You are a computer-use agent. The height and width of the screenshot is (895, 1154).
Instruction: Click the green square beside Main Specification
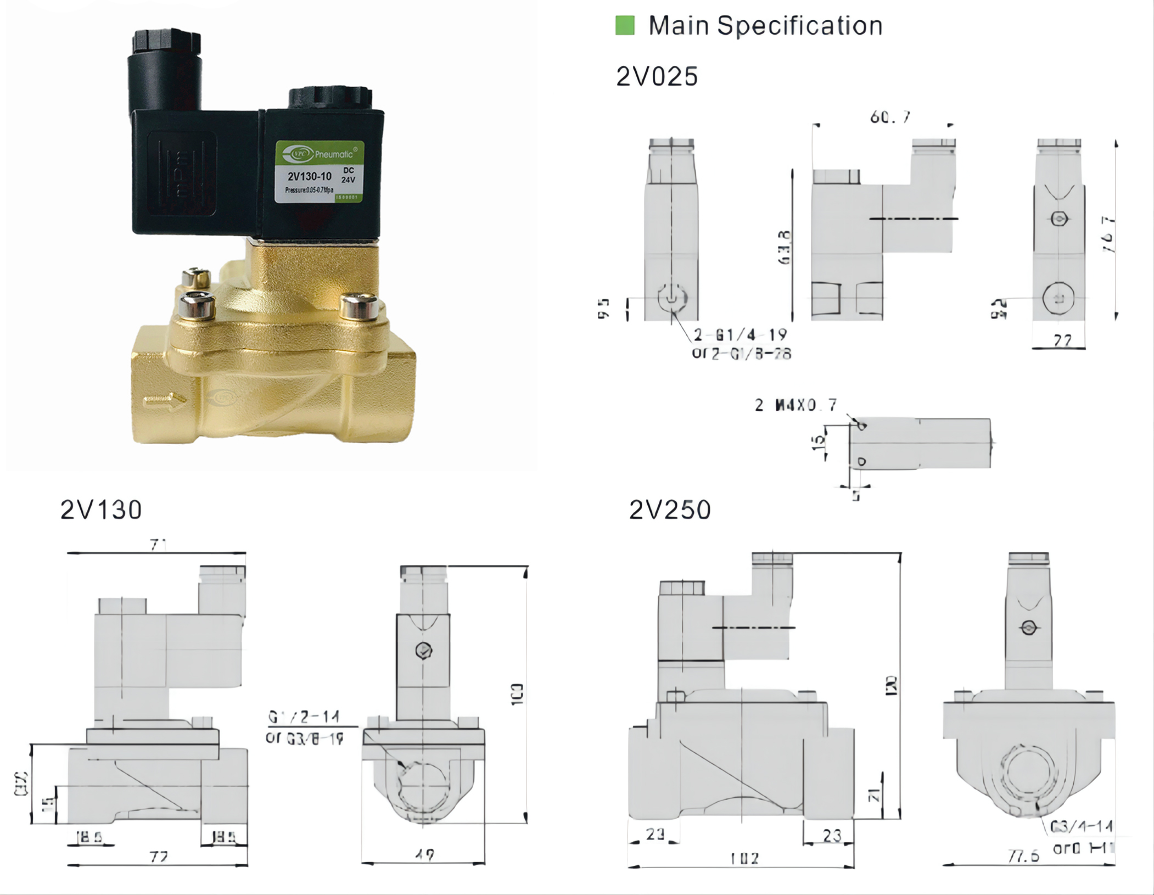(625, 25)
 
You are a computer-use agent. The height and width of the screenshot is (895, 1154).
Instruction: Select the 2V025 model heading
(657, 76)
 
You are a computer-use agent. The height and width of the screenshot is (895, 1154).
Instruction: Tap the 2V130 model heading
(101, 510)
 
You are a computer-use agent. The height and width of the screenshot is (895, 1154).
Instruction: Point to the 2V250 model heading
(670, 510)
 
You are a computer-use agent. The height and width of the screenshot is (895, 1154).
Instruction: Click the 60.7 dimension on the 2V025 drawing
(890, 117)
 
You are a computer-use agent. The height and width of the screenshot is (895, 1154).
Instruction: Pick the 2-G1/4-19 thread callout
(740, 334)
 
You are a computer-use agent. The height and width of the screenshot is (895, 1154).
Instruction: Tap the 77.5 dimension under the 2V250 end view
(1024, 856)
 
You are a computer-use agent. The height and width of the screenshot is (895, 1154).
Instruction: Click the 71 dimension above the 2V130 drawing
(158, 545)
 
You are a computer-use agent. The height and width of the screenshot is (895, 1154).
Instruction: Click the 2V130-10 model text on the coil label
(310, 176)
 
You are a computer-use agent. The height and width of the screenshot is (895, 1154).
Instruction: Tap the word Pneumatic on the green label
(334, 155)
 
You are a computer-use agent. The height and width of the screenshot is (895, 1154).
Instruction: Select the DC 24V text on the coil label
(348, 175)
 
